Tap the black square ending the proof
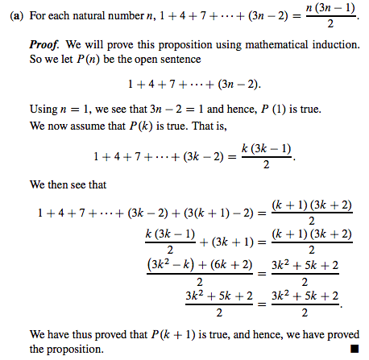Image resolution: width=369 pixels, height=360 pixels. (x=353, y=349)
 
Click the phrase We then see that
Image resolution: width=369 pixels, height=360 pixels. (x=69, y=184)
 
